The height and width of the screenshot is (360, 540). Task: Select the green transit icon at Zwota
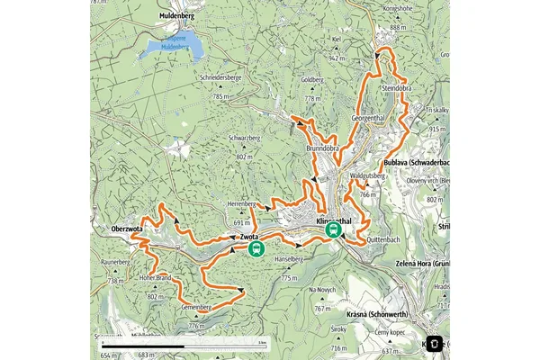click(257, 248)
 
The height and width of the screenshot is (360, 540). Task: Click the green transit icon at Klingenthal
click(334, 231)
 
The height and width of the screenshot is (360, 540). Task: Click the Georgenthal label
click(369, 119)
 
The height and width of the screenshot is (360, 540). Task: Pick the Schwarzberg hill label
click(245, 137)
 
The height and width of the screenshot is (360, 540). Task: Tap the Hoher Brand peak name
click(155, 278)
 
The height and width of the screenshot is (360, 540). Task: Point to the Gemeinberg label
click(195, 308)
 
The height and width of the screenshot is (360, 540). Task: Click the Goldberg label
click(311, 79)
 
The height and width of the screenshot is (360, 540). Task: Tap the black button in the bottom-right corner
click(434, 343)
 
